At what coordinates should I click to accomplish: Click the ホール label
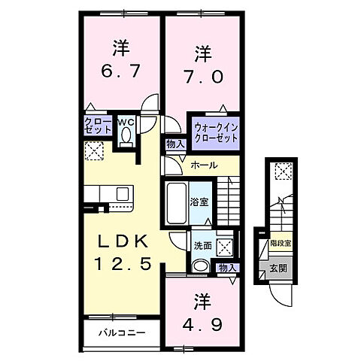click(204, 165)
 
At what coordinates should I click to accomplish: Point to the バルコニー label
click(121, 331)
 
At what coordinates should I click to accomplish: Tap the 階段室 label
click(280, 244)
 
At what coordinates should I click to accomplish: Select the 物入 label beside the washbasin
click(227, 267)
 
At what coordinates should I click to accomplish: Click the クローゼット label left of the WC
click(99, 126)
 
